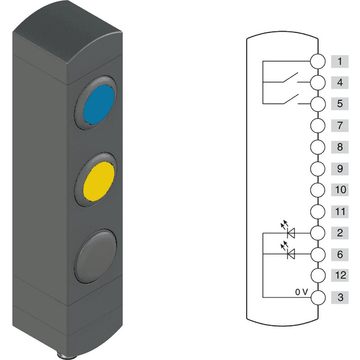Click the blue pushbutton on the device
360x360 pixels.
98,104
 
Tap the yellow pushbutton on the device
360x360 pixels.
98,181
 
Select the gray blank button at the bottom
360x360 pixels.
95,256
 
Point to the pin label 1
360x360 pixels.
340,62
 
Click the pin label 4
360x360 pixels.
340,82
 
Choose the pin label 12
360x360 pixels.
340,275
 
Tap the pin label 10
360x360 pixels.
340,190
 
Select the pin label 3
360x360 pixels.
340,298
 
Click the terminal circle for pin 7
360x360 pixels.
318,125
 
